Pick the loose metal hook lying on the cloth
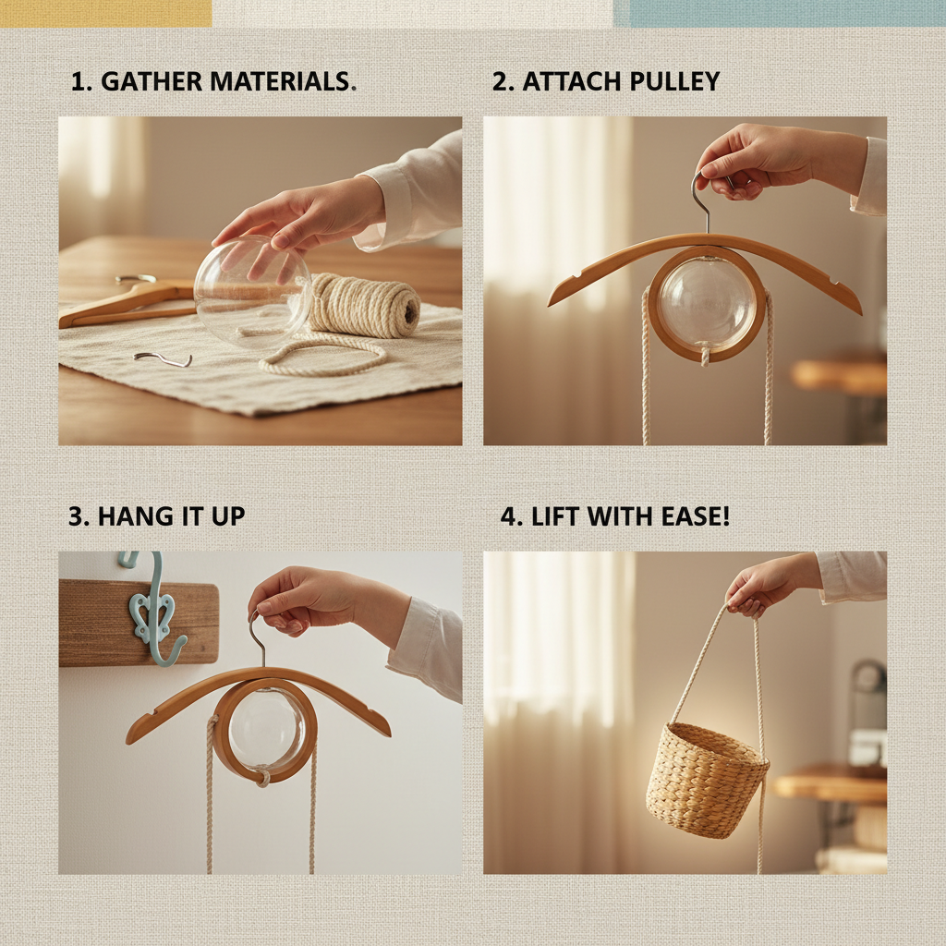[x=163, y=359]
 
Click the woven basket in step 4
[x=707, y=782]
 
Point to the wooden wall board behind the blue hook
[x=139, y=623]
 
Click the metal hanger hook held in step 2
[x=702, y=200]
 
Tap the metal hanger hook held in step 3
[x=258, y=639]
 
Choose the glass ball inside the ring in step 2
[x=707, y=303]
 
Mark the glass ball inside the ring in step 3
[x=266, y=731]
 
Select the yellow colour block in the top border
[x=105, y=13]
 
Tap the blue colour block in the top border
[x=780, y=13]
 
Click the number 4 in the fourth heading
[x=508, y=517]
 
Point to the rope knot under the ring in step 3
[x=261, y=776]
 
